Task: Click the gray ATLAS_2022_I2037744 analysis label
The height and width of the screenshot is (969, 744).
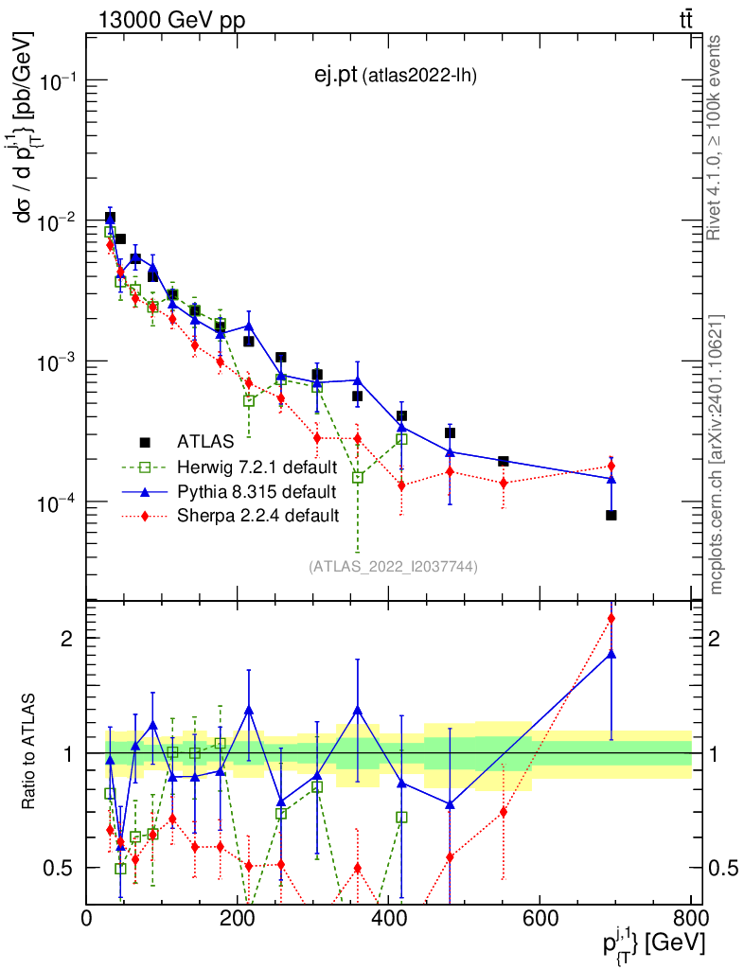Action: click(393, 567)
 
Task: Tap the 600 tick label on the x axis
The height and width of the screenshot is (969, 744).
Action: click(538, 918)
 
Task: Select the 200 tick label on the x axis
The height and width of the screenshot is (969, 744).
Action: click(238, 918)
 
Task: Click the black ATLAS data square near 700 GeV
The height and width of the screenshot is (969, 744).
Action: click(611, 516)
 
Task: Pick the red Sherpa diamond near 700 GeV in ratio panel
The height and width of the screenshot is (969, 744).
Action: click(611, 619)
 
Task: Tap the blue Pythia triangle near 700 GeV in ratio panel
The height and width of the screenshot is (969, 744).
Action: click(611, 653)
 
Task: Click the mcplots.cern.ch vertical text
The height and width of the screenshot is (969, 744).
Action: click(717, 454)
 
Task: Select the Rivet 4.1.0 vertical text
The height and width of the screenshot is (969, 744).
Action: click(717, 137)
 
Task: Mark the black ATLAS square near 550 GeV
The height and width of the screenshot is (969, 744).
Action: click(504, 461)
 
